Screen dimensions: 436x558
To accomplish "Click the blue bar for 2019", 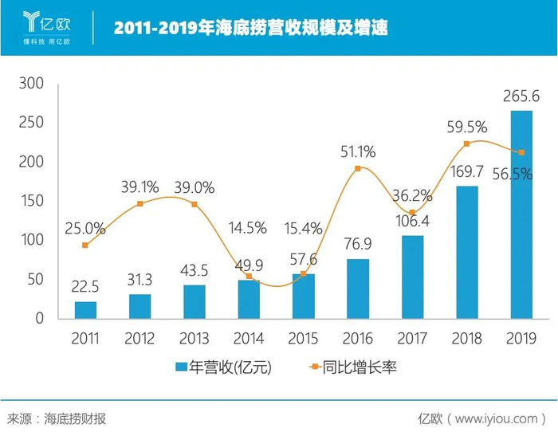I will click(521, 214).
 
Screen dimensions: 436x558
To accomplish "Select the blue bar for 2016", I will click(358, 289).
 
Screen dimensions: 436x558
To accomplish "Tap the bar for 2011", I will click(86, 310).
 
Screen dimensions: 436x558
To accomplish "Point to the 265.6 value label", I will click(521, 96).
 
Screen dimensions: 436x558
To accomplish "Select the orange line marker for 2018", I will click(467, 143).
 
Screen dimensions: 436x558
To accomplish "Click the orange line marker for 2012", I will click(140, 204).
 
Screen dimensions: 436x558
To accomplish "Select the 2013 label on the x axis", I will click(195, 339).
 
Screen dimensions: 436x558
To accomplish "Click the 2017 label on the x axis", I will click(412, 339).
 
